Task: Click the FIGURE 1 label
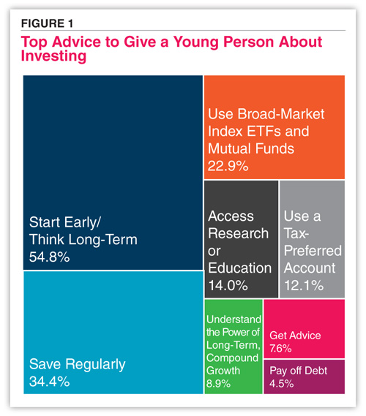tap(47, 23)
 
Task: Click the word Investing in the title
tap(53, 56)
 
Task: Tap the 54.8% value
tap(49, 257)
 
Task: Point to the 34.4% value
tap(49, 382)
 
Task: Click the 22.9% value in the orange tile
tap(228, 166)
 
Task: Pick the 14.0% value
tap(228, 285)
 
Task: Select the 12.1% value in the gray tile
tap(304, 285)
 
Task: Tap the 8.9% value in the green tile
tap(218, 384)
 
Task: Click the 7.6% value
tap(280, 348)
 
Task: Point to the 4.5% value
tap(281, 384)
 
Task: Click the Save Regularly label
tap(77, 365)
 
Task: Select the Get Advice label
tap(295, 336)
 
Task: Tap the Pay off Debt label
tap(298, 371)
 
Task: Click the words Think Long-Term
tap(83, 240)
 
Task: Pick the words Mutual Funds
tap(251, 148)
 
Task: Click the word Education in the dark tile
tap(239, 268)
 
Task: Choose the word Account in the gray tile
tap(310, 268)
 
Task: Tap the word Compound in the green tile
tap(232, 358)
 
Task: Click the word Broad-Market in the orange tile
tap(281, 114)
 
